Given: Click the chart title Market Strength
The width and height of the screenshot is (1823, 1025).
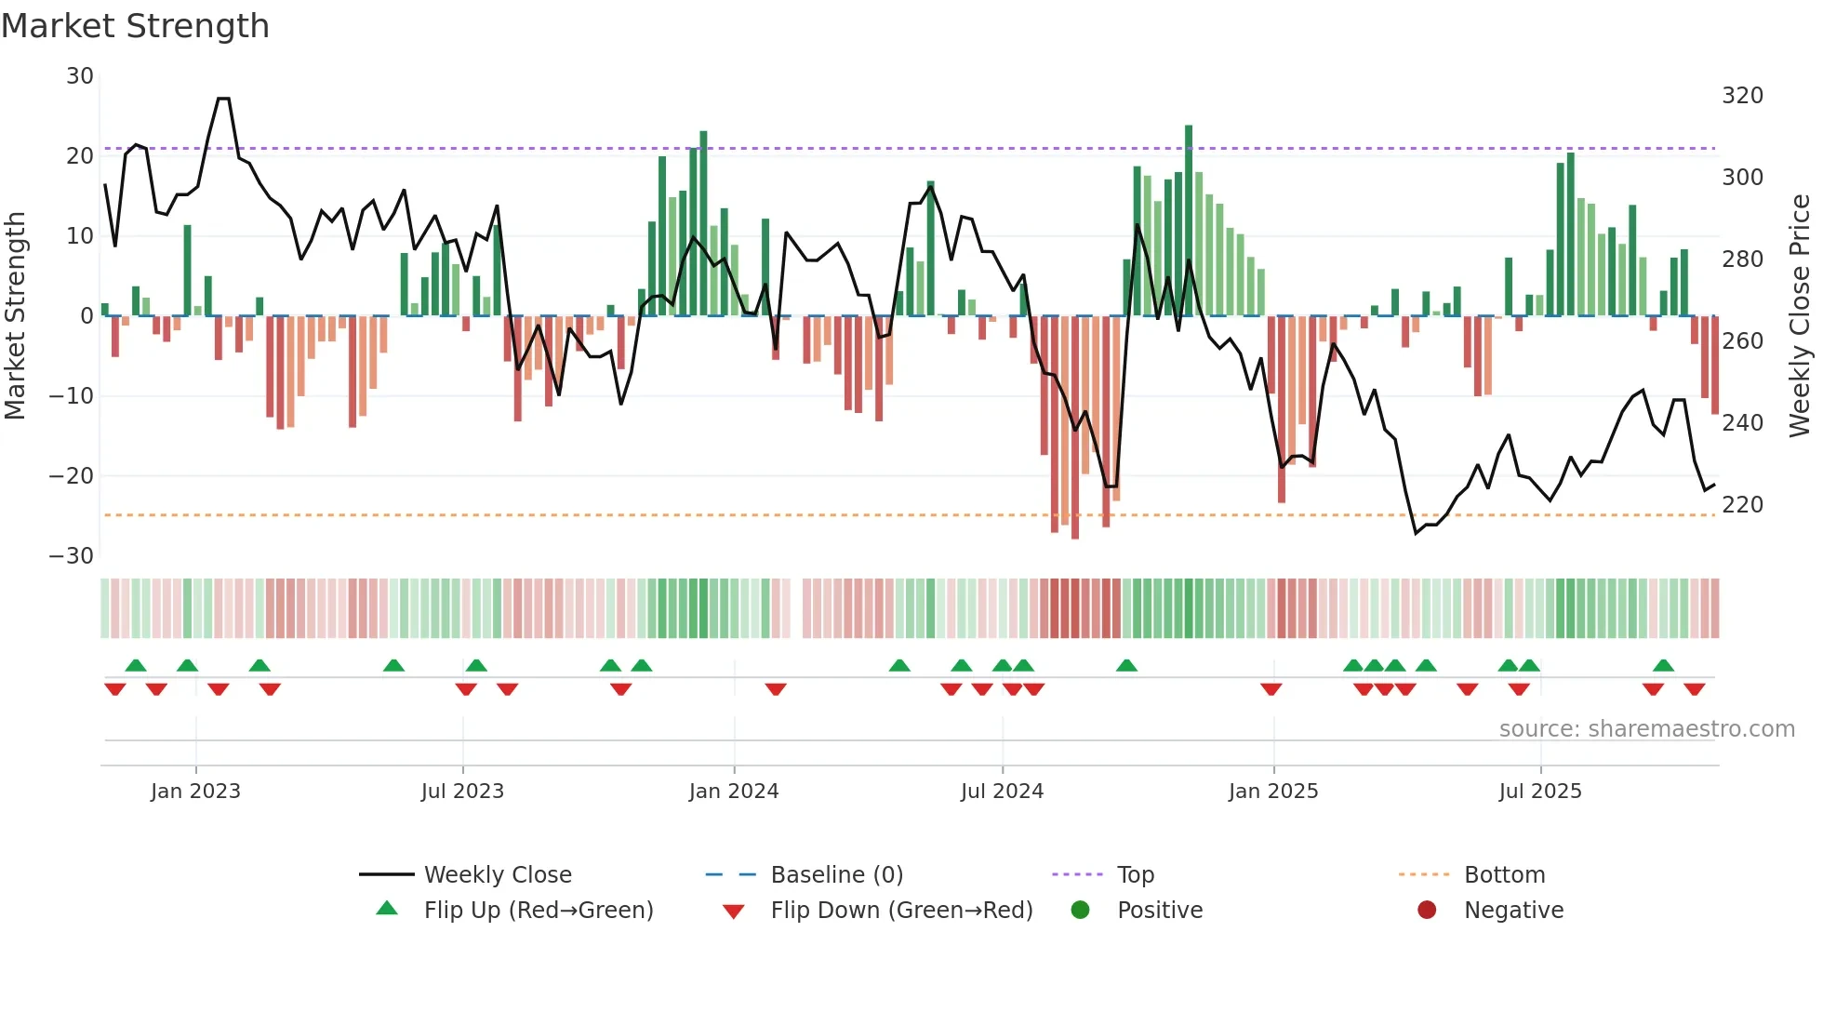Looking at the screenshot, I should click(x=135, y=26).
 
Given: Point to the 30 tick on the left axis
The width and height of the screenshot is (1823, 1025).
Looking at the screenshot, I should click(x=80, y=76).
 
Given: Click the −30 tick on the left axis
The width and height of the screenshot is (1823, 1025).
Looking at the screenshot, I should click(x=72, y=556).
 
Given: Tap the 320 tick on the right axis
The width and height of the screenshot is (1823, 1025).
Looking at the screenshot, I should click(x=1742, y=96).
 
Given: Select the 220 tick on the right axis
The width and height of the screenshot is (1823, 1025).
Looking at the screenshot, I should click(x=1742, y=505).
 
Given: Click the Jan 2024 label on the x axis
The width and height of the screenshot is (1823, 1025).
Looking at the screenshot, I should click(x=734, y=792).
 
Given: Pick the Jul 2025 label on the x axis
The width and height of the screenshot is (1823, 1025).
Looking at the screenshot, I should click(x=1540, y=792).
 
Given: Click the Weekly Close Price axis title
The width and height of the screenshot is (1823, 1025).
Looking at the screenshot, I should click(x=1800, y=316).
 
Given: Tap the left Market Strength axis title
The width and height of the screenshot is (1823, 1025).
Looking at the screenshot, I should click(x=15, y=316).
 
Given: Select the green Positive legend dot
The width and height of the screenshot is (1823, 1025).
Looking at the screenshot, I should click(x=1080, y=910).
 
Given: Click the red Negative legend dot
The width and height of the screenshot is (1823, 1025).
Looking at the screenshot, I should click(x=1427, y=910).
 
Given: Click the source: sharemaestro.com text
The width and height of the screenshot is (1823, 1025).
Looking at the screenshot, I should click(x=1646, y=729).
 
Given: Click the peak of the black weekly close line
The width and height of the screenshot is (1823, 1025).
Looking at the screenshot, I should click(x=223, y=99).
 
